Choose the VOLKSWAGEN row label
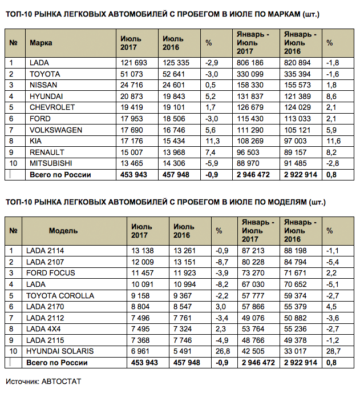click(52, 129)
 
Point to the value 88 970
click(249, 162)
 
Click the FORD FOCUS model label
click(51, 273)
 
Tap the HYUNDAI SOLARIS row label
click(59, 351)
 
